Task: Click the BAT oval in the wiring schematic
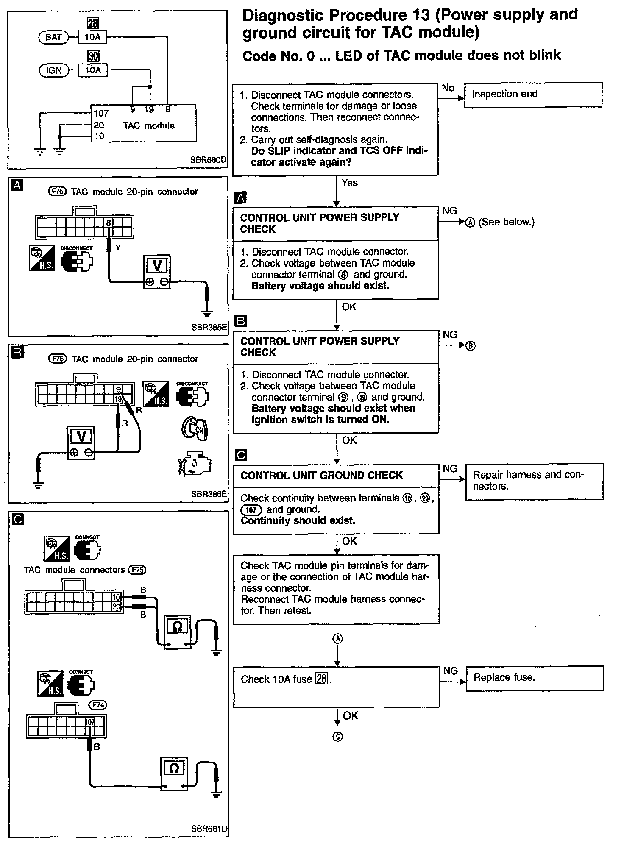(53, 37)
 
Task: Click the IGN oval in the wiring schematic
(53, 70)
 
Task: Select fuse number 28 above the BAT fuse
(93, 23)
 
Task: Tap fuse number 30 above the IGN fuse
(93, 56)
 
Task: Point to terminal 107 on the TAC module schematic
(101, 113)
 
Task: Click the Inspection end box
(533, 95)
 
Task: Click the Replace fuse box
(535, 679)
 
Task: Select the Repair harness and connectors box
(534, 481)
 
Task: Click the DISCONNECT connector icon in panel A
(77, 260)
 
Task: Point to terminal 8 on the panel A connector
(109, 223)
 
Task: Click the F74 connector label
(98, 705)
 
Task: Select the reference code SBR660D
(208, 160)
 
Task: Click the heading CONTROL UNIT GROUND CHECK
(321, 476)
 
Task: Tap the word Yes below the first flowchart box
(349, 183)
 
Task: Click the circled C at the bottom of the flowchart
(337, 737)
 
